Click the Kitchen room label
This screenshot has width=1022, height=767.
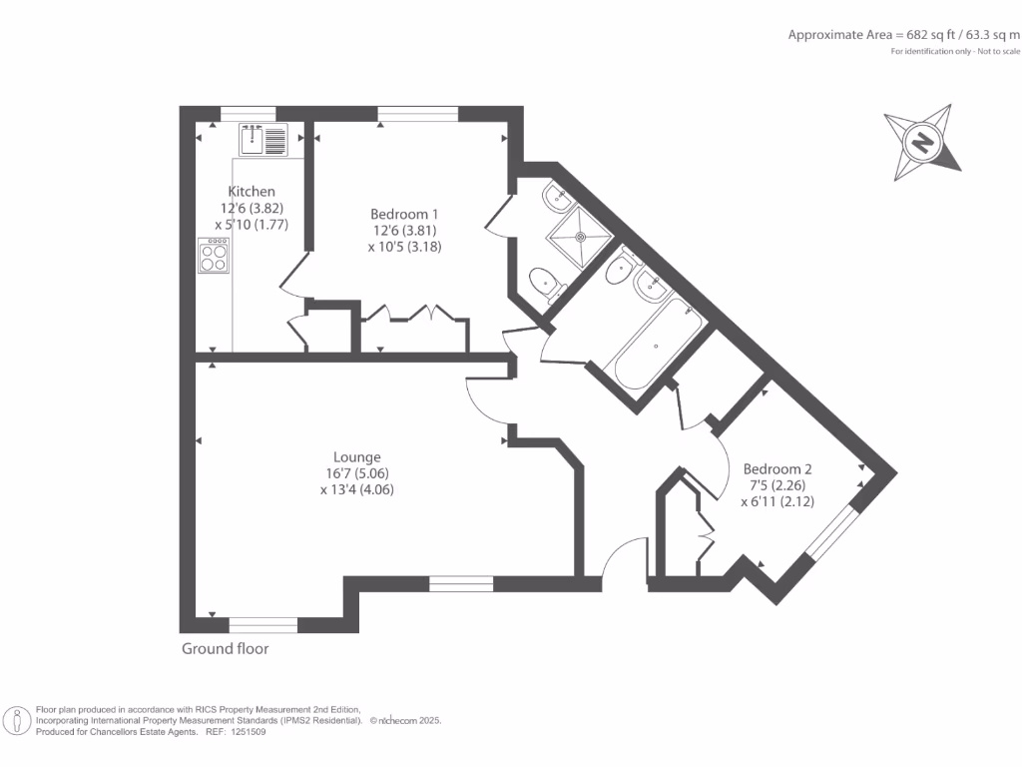pos(252,192)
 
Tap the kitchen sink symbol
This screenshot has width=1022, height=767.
pos(263,140)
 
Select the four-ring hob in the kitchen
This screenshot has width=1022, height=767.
pos(214,257)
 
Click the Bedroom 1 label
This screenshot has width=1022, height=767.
pos(404,214)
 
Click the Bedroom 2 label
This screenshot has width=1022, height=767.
pos(777,469)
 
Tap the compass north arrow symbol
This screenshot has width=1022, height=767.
pos(923,142)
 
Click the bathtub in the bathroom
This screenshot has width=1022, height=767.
pos(654,345)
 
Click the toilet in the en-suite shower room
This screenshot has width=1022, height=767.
pos(545,283)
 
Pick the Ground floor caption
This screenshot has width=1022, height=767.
pos(225,649)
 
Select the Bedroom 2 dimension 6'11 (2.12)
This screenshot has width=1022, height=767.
pos(777,502)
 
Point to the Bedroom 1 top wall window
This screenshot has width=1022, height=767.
pos(418,113)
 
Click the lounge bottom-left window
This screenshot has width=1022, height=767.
pos(263,625)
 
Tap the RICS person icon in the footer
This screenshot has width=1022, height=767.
pos(18,720)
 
